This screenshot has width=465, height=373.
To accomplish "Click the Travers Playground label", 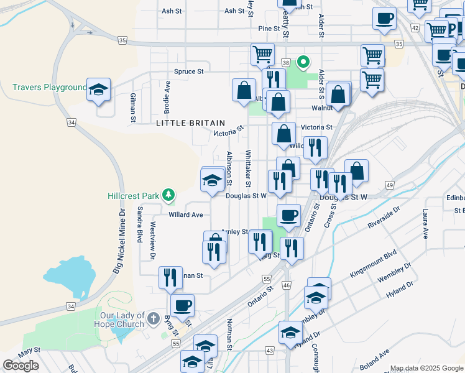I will point(49,87).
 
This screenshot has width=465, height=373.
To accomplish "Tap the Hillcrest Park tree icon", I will point(168,195).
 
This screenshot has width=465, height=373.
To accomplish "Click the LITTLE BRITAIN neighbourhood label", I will point(185,123).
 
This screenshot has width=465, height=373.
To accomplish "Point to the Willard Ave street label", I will point(186,215).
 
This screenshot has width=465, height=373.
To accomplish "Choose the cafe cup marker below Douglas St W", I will point(288,216).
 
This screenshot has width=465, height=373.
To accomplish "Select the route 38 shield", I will point(286,63).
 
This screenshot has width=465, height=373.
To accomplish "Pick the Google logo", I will point(21,366).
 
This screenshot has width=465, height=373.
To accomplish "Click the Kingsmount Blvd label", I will point(373,264).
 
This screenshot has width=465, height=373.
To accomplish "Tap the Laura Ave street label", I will point(425,224).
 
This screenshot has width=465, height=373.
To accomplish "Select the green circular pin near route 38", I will point(303,62).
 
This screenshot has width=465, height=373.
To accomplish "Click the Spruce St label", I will point(188,71).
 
